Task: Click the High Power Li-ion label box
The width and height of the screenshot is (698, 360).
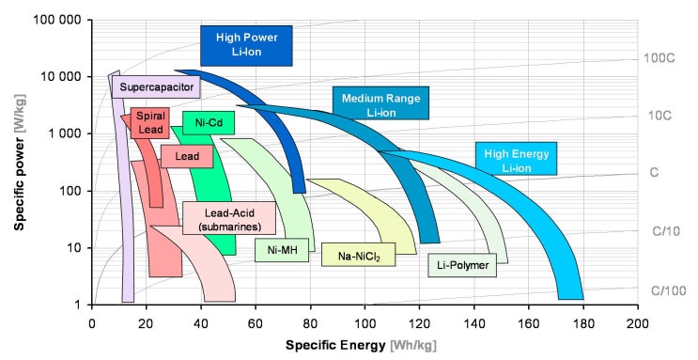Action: [246, 44]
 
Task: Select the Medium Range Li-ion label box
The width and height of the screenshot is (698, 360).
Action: [380, 104]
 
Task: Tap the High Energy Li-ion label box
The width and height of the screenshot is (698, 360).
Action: [517, 161]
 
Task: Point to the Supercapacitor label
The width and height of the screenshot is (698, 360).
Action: [157, 87]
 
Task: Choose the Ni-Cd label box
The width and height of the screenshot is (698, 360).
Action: [208, 123]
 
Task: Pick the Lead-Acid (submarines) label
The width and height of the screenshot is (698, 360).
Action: [228, 219]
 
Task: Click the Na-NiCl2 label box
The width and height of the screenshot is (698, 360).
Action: [357, 254]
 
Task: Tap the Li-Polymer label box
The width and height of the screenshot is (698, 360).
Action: [464, 266]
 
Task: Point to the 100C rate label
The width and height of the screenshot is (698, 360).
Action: [658, 58]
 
